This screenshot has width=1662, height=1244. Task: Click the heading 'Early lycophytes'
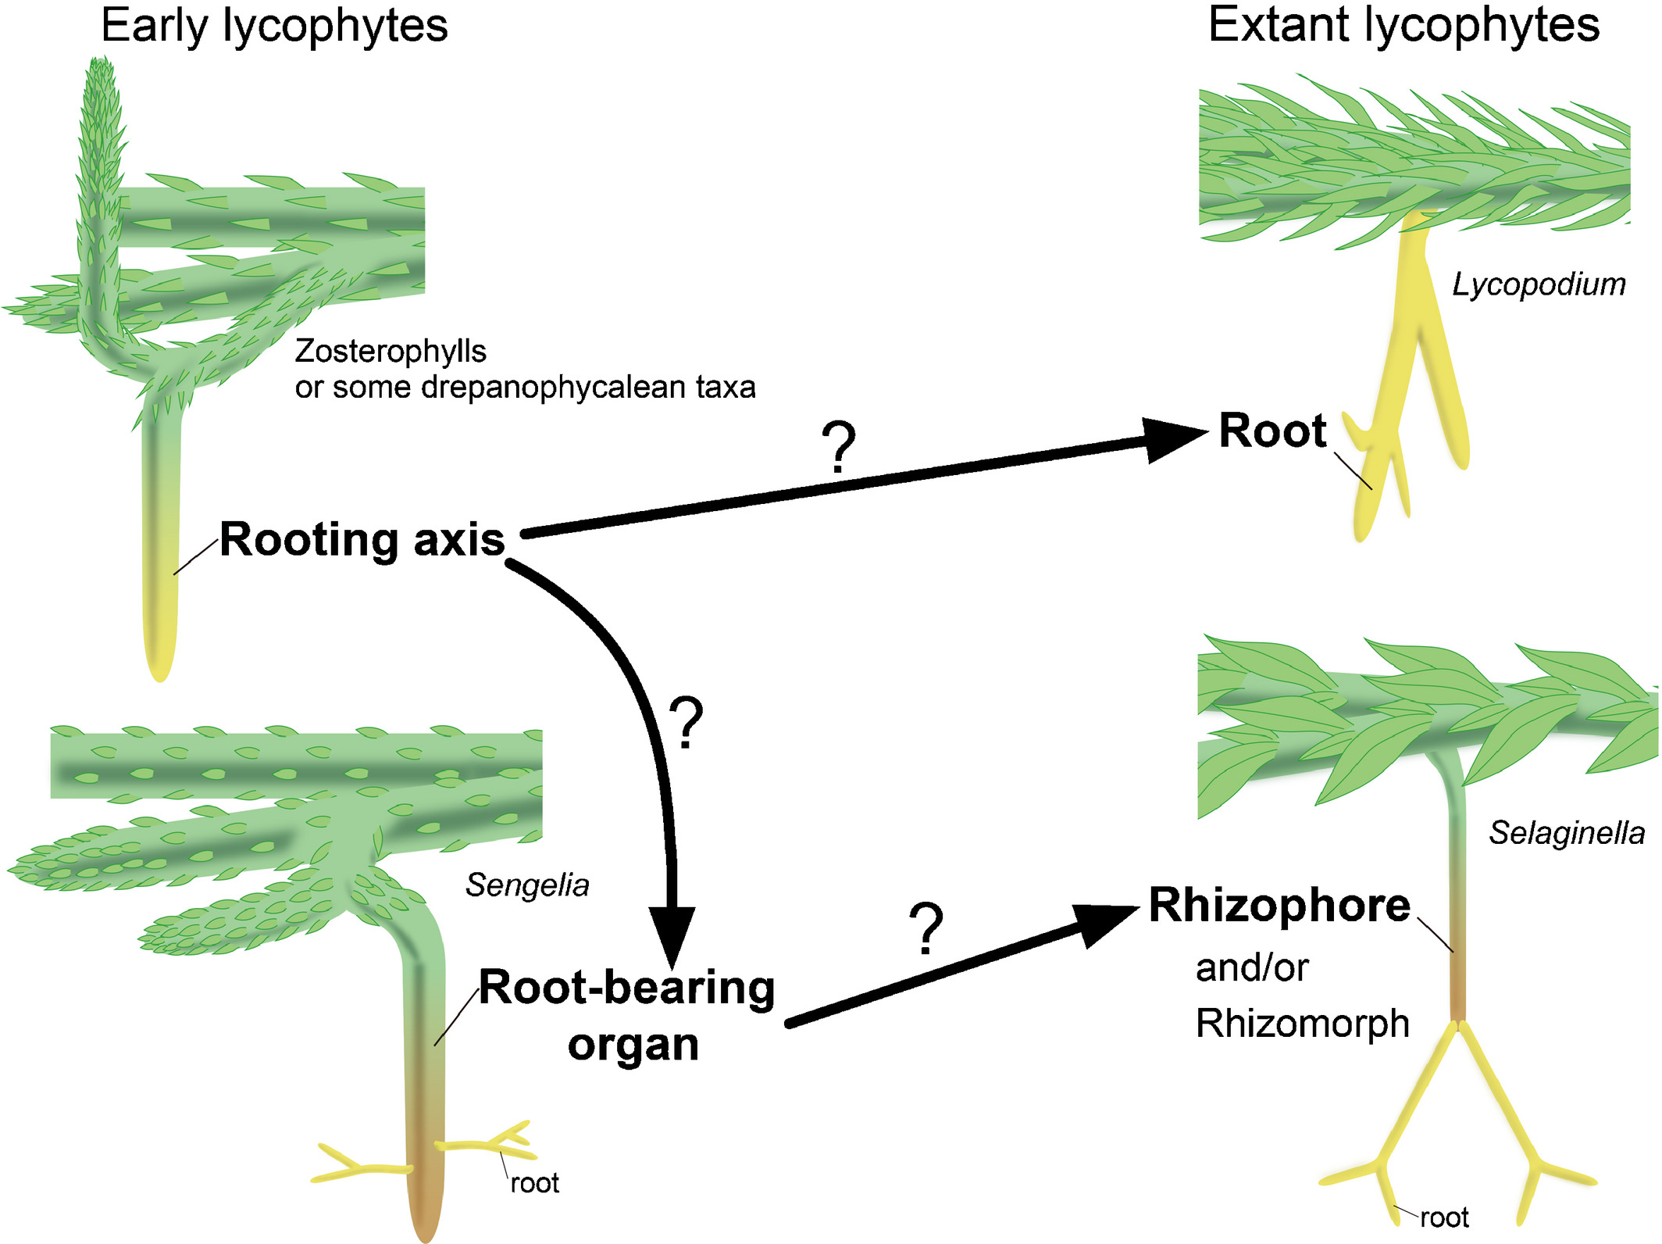point(274,27)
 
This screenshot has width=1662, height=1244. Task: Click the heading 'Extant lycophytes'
point(1403,25)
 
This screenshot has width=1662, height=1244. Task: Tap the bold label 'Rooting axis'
point(362,539)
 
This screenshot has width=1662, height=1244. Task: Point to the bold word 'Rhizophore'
point(1279,906)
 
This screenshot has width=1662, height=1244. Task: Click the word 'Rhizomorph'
point(1302,1024)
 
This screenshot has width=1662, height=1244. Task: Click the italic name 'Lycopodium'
point(1539,284)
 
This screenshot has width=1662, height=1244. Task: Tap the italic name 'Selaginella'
point(1566,833)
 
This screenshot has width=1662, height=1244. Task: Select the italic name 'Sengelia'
point(527,885)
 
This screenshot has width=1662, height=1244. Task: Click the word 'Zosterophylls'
point(391,352)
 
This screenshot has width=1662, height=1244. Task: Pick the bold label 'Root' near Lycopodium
point(1272,431)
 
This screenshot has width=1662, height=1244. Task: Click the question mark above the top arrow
point(839,447)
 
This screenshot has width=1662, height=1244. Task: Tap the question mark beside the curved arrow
point(687,723)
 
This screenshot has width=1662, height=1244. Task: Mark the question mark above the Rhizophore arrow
point(926,929)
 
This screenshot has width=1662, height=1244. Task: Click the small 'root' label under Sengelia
point(534,1183)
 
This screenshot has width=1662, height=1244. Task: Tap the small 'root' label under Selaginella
point(1444,1217)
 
